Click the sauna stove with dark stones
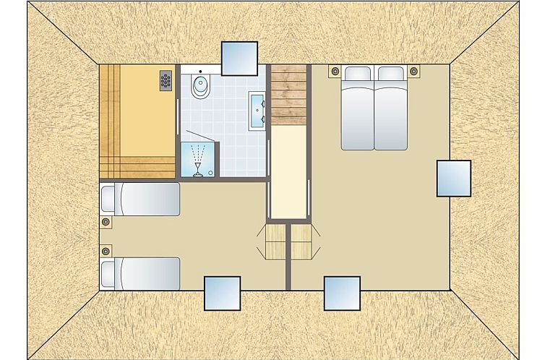coord(166,80)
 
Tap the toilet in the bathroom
coord(199,87)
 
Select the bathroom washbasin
coord(257,109)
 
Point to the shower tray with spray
coord(198,158)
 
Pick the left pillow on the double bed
coord(359,74)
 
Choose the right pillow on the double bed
coord(390,74)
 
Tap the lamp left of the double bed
coord(334,71)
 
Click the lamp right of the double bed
coord(413,71)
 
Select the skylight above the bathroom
coord(239,59)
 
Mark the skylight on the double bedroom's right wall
coord(453,178)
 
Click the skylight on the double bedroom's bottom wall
coord(342,293)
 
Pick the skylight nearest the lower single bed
coord(222,293)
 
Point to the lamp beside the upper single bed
coord(106,222)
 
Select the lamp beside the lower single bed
coord(106,251)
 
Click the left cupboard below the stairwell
coord(275,241)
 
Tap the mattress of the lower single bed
coord(147,274)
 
